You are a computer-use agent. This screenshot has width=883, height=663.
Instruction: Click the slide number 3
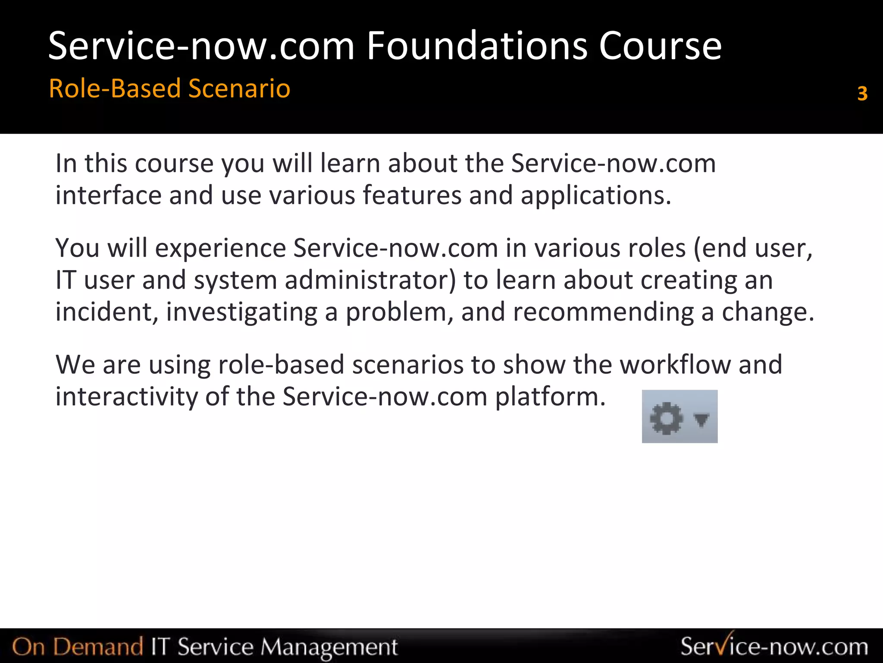tap(862, 93)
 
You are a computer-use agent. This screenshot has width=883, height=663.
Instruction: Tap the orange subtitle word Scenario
tap(239, 88)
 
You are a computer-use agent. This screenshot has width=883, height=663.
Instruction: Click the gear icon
tap(666, 417)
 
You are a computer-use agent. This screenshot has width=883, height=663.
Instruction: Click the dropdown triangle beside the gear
tap(701, 418)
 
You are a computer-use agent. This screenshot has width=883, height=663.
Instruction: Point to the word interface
tap(108, 195)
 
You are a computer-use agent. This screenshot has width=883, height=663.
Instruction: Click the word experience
tap(220, 249)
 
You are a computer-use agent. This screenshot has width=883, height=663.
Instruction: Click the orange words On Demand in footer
tap(78, 647)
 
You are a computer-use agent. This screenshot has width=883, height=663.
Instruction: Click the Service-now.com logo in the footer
tap(774, 646)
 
